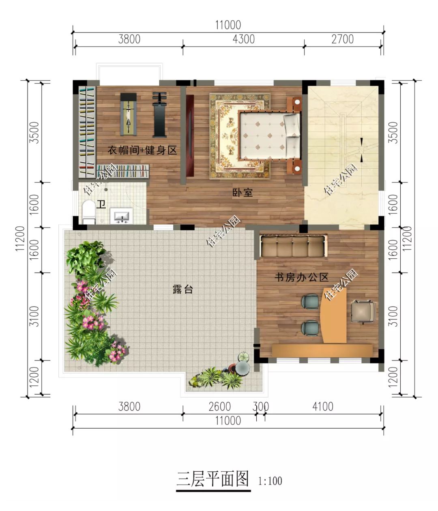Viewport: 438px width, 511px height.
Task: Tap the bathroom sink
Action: [122, 216]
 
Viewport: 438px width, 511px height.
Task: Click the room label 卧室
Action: [243, 192]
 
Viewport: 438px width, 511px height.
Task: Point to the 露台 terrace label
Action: [182, 289]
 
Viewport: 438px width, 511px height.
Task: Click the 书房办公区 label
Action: [301, 277]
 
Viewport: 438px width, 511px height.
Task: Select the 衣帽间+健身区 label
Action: [142, 150]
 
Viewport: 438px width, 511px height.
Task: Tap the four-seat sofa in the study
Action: [292, 246]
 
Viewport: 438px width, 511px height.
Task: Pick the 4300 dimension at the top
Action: [244, 39]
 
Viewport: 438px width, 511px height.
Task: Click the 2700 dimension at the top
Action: [343, 39]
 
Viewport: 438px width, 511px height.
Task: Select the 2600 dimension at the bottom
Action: [220, 406]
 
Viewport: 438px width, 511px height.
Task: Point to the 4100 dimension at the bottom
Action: [323, 406]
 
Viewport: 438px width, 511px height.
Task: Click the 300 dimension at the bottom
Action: [261, 406]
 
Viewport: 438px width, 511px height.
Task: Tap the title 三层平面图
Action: [213, 479]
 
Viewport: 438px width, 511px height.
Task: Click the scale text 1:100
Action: [270, 481]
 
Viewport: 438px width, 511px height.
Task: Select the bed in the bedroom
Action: [270, 135]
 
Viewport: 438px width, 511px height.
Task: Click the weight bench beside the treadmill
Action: [160, 114]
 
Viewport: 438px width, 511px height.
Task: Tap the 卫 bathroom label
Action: [101, 204]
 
